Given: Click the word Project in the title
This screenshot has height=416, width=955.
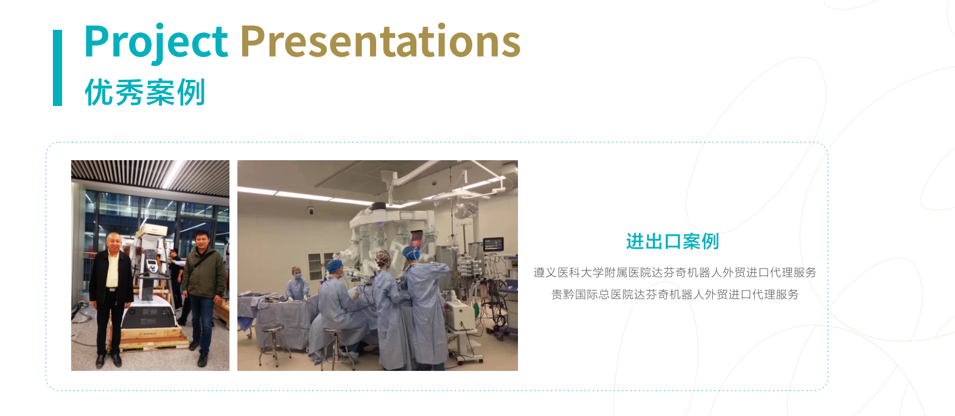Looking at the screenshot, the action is [x=156, y=41].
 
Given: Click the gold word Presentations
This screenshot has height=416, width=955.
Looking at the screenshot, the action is [x=380, y=41].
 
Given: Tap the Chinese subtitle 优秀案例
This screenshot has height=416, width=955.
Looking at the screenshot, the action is [x=145, y=92].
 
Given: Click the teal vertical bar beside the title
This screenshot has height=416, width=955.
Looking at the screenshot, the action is [x=58, y=68].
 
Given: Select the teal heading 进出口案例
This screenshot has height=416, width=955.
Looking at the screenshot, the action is [x=673, y=241].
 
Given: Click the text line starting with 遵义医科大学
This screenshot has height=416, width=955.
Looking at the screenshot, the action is [x=674, y=273].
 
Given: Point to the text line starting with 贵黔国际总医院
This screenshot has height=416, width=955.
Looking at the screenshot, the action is [x=674, y=294].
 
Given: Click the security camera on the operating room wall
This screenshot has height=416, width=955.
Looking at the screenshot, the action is [x=311, y=210].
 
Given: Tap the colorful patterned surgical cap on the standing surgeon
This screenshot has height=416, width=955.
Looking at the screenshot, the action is [x=383, y=257].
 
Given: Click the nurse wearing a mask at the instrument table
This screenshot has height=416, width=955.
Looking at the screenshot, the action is [x=297, y=283].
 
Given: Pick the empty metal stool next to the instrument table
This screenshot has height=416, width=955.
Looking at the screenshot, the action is [x=273, y=341].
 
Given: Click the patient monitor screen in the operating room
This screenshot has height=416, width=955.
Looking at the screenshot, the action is [x=493, y=244].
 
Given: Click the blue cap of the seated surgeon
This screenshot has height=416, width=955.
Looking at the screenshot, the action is [x=335, y=266].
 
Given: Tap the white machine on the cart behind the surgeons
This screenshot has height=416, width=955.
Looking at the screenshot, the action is [x=460, y=314].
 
